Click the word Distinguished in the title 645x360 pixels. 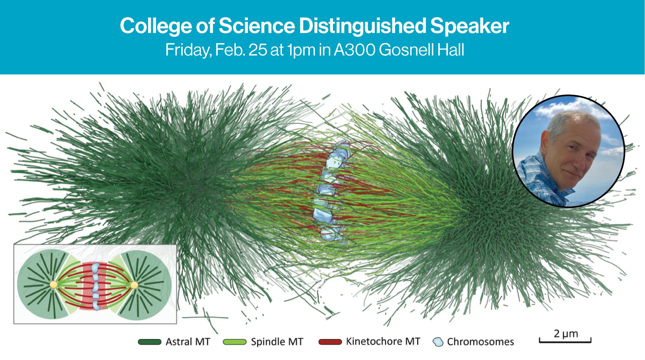coord(362,26)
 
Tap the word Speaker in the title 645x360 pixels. coord(469,26)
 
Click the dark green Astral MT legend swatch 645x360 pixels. coord(149,342)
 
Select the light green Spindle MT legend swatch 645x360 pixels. coord(234,342)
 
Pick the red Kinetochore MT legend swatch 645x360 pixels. coord(330,342)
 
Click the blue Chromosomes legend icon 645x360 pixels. coord(438,342)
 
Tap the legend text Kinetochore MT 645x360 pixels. coord(383,341)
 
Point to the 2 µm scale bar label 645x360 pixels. coord(566,333)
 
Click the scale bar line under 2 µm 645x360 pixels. coord(565,342)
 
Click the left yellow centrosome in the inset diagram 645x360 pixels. coord(53,285)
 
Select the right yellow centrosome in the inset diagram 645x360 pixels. coord(134,285)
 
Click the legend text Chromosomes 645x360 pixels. coord(480,342)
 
